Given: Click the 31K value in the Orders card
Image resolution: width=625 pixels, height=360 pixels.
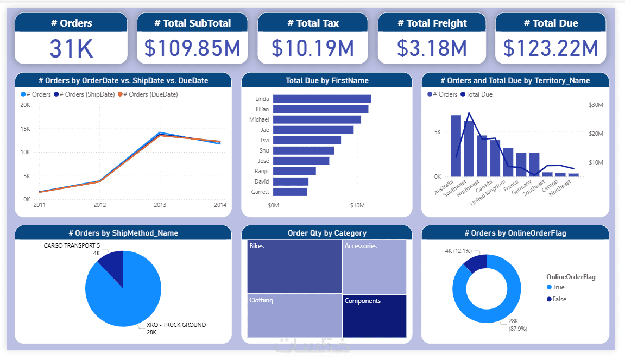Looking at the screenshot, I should pyautogui.click(x=71, y=48).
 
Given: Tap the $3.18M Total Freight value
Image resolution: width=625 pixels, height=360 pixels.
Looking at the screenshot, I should pyautogui.click(x=432, y=48).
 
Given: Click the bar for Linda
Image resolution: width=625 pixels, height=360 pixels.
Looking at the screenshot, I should pyautogui.click(x=322, y=99).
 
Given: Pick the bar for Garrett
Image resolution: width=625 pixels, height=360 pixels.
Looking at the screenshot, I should pyautogui.click(x=290, y=192).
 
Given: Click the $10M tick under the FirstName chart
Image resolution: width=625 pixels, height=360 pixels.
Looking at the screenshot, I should pyautogui.click(x=357, y=206).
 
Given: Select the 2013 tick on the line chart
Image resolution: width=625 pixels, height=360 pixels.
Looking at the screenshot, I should pyautogui.click(x=160, y=205).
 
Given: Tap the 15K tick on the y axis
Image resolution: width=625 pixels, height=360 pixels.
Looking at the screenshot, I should pyautogui.click(x=25, y=129).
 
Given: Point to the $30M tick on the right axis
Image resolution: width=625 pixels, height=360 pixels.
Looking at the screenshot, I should pyautogui.click(x=596, y=105).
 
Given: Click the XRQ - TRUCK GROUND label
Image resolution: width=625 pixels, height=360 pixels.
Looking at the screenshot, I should pyautogui.click(x=176, y=325).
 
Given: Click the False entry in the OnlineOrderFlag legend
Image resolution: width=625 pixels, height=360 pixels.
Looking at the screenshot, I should pyautogui.click(x=559, y=299).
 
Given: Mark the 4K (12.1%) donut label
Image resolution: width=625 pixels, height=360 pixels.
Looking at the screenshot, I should pyautogui.click(x=458, y=251).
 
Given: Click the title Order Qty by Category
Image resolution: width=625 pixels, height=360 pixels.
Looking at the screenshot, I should pyautogui.click(x=327, y=233).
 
